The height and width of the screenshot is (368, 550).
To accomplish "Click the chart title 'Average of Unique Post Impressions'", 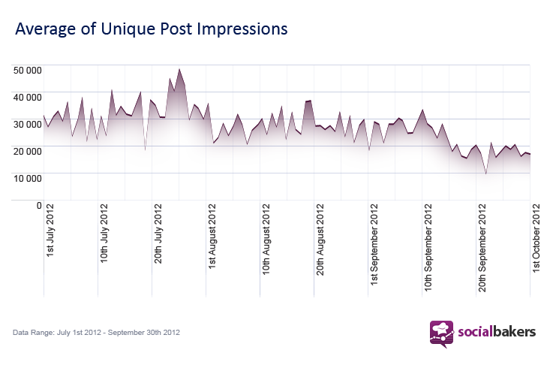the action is (x=151, y=29).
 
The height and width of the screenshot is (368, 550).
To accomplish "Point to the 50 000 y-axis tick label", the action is (x=27, y=71).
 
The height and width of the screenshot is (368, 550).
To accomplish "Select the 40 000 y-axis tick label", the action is (x=27, y=98).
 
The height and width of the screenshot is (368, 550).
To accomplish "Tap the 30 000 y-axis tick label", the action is (x=27, y=125).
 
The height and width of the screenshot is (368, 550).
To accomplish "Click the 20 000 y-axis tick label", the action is (x=27, y=152).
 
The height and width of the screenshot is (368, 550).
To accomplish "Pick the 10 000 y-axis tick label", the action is (x=27, y=179).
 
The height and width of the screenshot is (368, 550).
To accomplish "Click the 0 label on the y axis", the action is (x=39, y=206).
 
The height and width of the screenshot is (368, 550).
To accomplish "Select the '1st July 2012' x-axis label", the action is (x=50, y=231).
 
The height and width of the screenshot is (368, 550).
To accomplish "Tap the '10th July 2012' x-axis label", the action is (x=104, y=234).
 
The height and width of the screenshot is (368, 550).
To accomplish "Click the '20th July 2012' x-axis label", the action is (x=158, y=234).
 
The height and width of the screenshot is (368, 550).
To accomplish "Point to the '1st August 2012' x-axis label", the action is (x=212, y=237).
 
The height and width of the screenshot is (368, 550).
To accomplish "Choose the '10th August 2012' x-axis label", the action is (x=266, y=240).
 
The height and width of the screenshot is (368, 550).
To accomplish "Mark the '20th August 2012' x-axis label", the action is (x=320, y=240).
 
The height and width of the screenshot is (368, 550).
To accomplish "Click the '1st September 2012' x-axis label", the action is (x=374, y=245).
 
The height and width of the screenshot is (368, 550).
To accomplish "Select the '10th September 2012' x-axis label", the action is (x=428, y=248).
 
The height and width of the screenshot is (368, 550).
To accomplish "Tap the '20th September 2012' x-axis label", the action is (x=482, y=248).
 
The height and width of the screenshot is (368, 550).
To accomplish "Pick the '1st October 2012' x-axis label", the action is (x=536, y=238).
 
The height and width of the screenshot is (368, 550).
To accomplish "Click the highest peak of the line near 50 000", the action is (x=179, y=69).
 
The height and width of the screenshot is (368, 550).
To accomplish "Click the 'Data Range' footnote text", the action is (x=96, y=332).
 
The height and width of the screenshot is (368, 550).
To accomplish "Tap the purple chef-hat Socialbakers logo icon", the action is (x=442, y=334).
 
